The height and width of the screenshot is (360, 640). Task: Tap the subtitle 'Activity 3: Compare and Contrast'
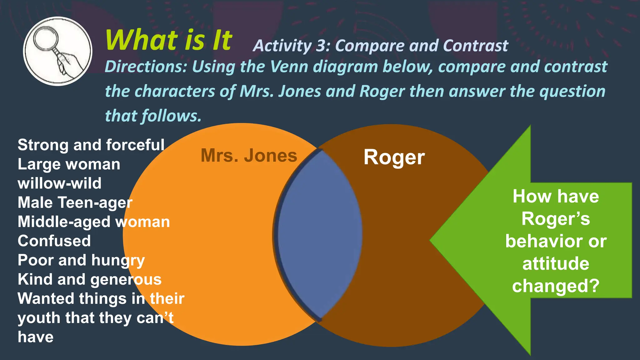pos(380,46)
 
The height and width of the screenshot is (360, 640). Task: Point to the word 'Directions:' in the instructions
pos(146,67)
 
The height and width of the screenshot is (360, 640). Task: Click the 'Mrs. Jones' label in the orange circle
pos(249,155)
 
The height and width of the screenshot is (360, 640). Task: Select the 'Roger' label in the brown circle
pos(394,157)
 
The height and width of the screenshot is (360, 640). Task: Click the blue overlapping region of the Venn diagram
pos(319,234)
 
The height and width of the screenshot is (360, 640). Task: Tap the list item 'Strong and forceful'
pos(91,145)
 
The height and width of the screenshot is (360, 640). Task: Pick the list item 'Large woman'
pos(69,164)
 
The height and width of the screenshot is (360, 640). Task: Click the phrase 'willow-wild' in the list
pos(59,183)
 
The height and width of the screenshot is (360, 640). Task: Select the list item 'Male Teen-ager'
pos(75,202)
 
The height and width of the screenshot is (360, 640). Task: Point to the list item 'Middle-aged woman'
pos(93,222)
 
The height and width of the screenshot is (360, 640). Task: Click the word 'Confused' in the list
pos(54,241)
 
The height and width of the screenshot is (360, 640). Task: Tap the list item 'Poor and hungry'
pos(81,260)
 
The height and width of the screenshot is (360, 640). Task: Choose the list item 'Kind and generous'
pos(89,279)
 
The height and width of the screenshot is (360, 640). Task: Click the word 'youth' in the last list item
pos(39,318)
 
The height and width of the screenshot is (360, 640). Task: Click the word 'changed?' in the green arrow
pos(556,286)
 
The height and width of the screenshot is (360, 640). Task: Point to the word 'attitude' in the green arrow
pos(556,263)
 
